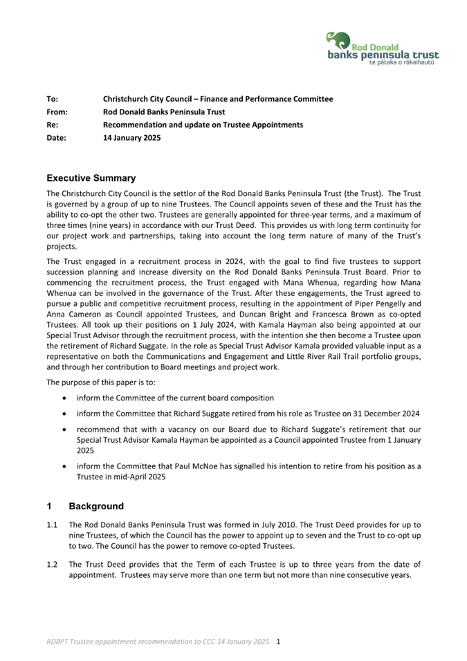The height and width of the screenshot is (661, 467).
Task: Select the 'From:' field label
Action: pyautogui.click(x=56, y=112)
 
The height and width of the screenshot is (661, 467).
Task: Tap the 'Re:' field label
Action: pyautogui.click(x=52, y=125)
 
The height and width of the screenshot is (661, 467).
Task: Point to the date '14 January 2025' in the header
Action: pyautogui.click(x=131, y=138)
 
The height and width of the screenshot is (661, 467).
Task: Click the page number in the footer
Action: pyautogui.click(x=277, y=642)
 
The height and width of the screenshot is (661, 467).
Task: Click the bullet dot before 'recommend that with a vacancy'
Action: pyautogui.click(x=64, y=430)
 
